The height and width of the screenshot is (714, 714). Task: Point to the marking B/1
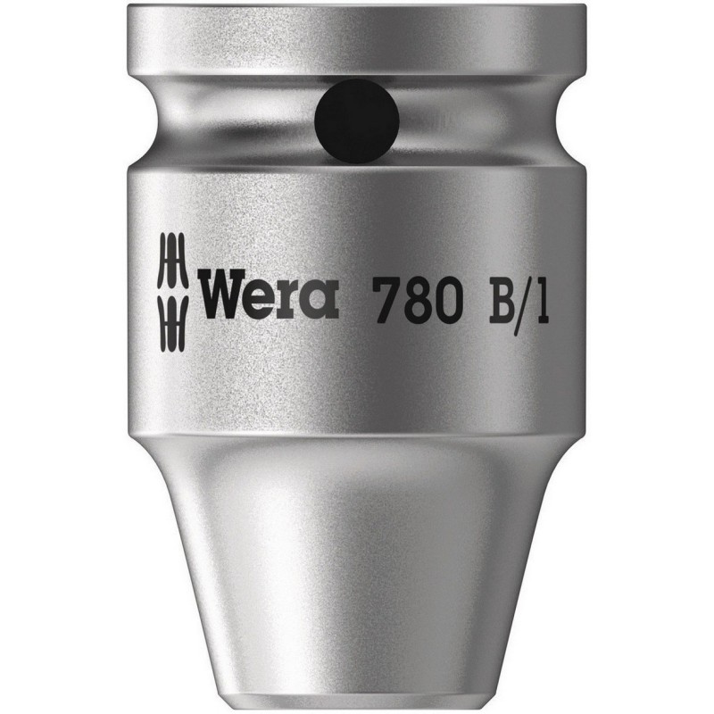tap(516, 298)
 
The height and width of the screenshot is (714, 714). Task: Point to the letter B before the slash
tap(496, 298)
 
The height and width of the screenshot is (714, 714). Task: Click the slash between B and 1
tap(521, 298)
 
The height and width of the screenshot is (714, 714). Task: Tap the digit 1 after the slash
tap(539, 298)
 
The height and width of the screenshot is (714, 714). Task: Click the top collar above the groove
tap(357, 45)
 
